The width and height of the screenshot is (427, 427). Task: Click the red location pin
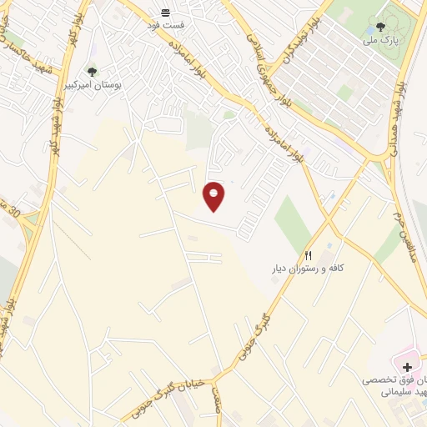pos(214,196)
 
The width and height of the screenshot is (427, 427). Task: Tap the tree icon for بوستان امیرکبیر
pos(92,71)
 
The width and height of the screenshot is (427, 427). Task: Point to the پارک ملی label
pos(381,39)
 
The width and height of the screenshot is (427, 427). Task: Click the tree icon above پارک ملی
pos(381,26)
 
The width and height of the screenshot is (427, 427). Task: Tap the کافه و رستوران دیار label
pos(314,269)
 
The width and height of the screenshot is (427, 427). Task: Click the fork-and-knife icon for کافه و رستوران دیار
pos(309,255)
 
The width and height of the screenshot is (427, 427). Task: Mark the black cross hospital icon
pos(406,367)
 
